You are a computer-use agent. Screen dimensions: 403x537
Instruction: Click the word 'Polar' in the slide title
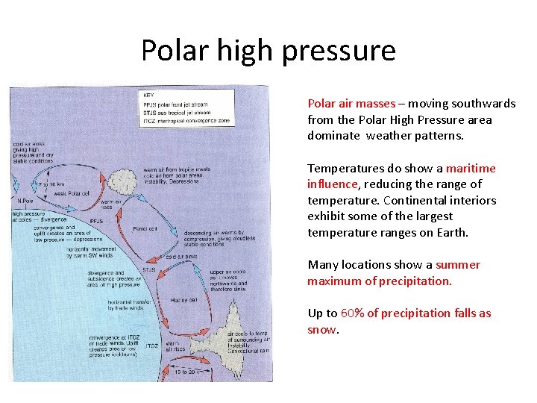(171, 50)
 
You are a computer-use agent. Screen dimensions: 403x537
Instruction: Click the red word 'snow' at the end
(321, 329)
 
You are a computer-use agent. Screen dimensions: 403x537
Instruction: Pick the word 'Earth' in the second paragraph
(451, 232)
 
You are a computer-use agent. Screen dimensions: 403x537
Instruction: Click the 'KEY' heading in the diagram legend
(149, 96)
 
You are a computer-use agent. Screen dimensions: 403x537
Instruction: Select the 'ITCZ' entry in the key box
(151, 120)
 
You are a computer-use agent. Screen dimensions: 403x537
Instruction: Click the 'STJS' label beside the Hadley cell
(149, 269)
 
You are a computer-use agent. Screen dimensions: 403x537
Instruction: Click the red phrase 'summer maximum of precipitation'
(394, 273)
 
